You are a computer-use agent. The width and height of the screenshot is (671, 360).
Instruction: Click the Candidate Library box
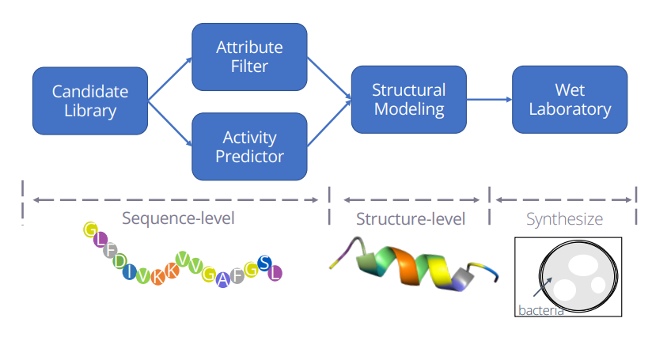pyautogui.click(x=90, y=101)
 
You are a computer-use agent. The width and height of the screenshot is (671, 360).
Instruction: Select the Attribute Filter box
pyautogui.click(x=249, y=57)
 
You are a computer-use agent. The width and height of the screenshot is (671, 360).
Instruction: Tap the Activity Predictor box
pyautogui.click(x=249, y=146)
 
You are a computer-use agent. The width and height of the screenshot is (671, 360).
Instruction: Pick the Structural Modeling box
pyautogui.click(x=408, y=100)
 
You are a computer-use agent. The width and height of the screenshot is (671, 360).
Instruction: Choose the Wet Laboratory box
pyautogui.click(x=570, y=100)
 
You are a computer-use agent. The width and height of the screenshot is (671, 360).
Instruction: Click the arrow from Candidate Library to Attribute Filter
pyautogui.click(x=170, y=79)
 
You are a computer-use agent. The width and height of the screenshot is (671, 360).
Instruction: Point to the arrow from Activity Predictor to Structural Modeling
pyautogui.click(x=329, y=123)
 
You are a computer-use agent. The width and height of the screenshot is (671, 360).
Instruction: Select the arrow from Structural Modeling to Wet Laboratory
pyautogui.click(x=489, y=100)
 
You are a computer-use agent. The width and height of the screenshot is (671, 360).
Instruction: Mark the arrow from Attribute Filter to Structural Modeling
pyautogui.click(x=329, y=78)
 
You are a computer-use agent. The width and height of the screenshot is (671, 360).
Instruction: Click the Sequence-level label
pyautogui.click(x=178, y=218)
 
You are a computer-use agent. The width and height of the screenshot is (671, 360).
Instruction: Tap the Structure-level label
pyautogui.click(x=411, y=219)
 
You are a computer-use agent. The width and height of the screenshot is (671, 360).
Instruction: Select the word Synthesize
pyautogui.click(x=564, y=219)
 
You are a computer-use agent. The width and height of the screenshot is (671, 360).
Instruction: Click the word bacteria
pyautogui.click(x=540, y=310)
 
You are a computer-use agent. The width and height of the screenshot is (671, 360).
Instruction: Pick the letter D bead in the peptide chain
pyautogui.click(x=120, y=260)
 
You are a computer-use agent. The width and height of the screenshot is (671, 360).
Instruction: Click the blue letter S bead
pyautogui.click(x=265, y=263)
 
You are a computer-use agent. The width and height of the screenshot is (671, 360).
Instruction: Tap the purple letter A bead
pyautogui.click(x=223, y=280)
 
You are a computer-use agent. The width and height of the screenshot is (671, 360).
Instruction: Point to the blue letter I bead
pyautogui.click(x=130, y=271)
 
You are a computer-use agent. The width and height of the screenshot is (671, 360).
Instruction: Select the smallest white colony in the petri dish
pyautogui.click(x=598, y=285)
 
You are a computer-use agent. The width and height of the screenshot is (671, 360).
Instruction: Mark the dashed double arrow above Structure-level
pyautogui.click(x=411, y=200)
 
